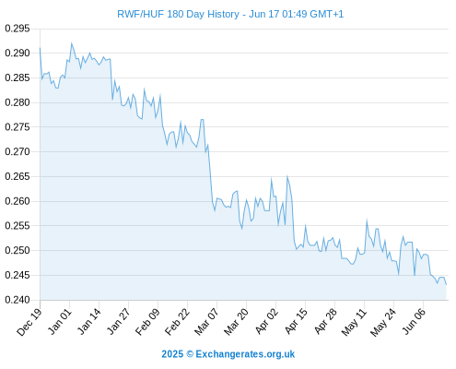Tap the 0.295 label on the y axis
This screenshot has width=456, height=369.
click(18, 29)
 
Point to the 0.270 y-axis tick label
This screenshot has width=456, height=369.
click(18, 151)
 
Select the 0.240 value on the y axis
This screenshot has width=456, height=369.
click(18, 300)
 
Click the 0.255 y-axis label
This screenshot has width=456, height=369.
click(18, 226)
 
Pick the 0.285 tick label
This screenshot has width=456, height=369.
click(18, 77)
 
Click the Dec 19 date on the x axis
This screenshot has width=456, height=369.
click(29, 322)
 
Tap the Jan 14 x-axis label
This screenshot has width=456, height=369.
click(89, 321)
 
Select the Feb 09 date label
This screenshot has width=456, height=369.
click(148, 322)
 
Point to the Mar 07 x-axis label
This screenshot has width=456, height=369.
click(206, 322)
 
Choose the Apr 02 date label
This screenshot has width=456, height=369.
click(266, 321)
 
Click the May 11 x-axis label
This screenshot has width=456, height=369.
click(354, 322)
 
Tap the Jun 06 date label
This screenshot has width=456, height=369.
click(414, 321)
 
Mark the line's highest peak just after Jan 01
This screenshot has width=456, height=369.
click(72, 43)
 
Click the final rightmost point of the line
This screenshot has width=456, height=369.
click(446, 285)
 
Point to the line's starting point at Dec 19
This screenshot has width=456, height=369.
click(40, 48)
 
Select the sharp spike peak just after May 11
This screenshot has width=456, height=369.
click(367, 220)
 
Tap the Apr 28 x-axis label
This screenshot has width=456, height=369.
click(325, 321)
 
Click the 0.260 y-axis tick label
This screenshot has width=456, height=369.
click(18, 201)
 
